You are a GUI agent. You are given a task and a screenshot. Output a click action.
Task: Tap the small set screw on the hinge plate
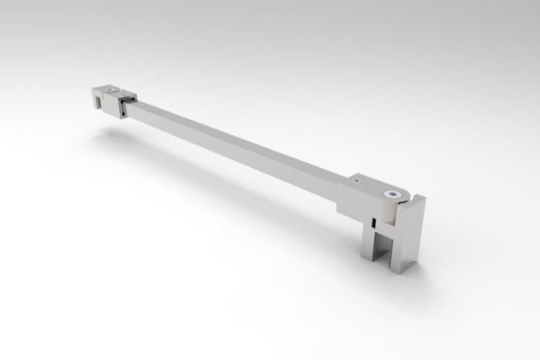coord(357,180)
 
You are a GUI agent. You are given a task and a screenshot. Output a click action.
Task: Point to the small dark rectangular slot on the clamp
coord(371,222)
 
